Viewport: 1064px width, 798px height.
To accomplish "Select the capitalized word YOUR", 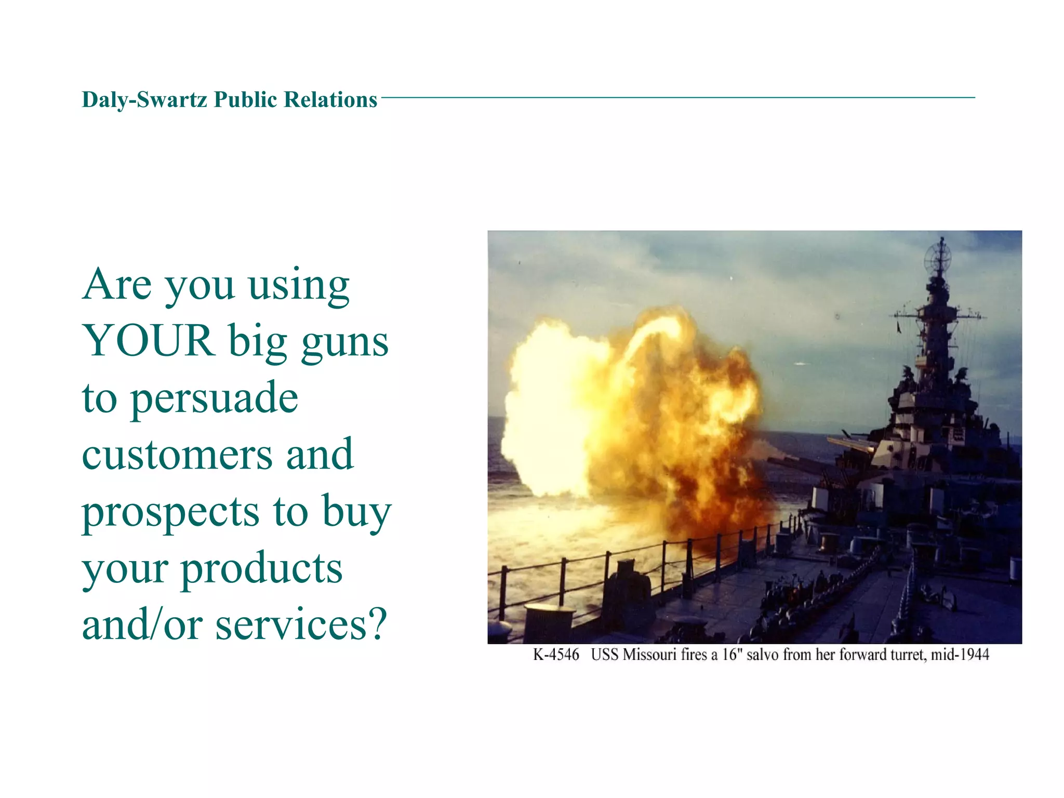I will pos(149,341).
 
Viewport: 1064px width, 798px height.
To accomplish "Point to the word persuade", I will pos(214,399).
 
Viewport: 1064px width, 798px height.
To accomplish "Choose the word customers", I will pos(177,455).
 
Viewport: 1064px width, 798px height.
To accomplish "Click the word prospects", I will pos(170,513).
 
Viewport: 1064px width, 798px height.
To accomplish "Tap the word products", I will pos(261,569).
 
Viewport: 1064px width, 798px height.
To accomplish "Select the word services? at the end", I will pos(301,625).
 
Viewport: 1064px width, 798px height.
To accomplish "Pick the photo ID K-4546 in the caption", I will pos(556,655).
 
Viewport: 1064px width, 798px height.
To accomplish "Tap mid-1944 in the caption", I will pos(960,655).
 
